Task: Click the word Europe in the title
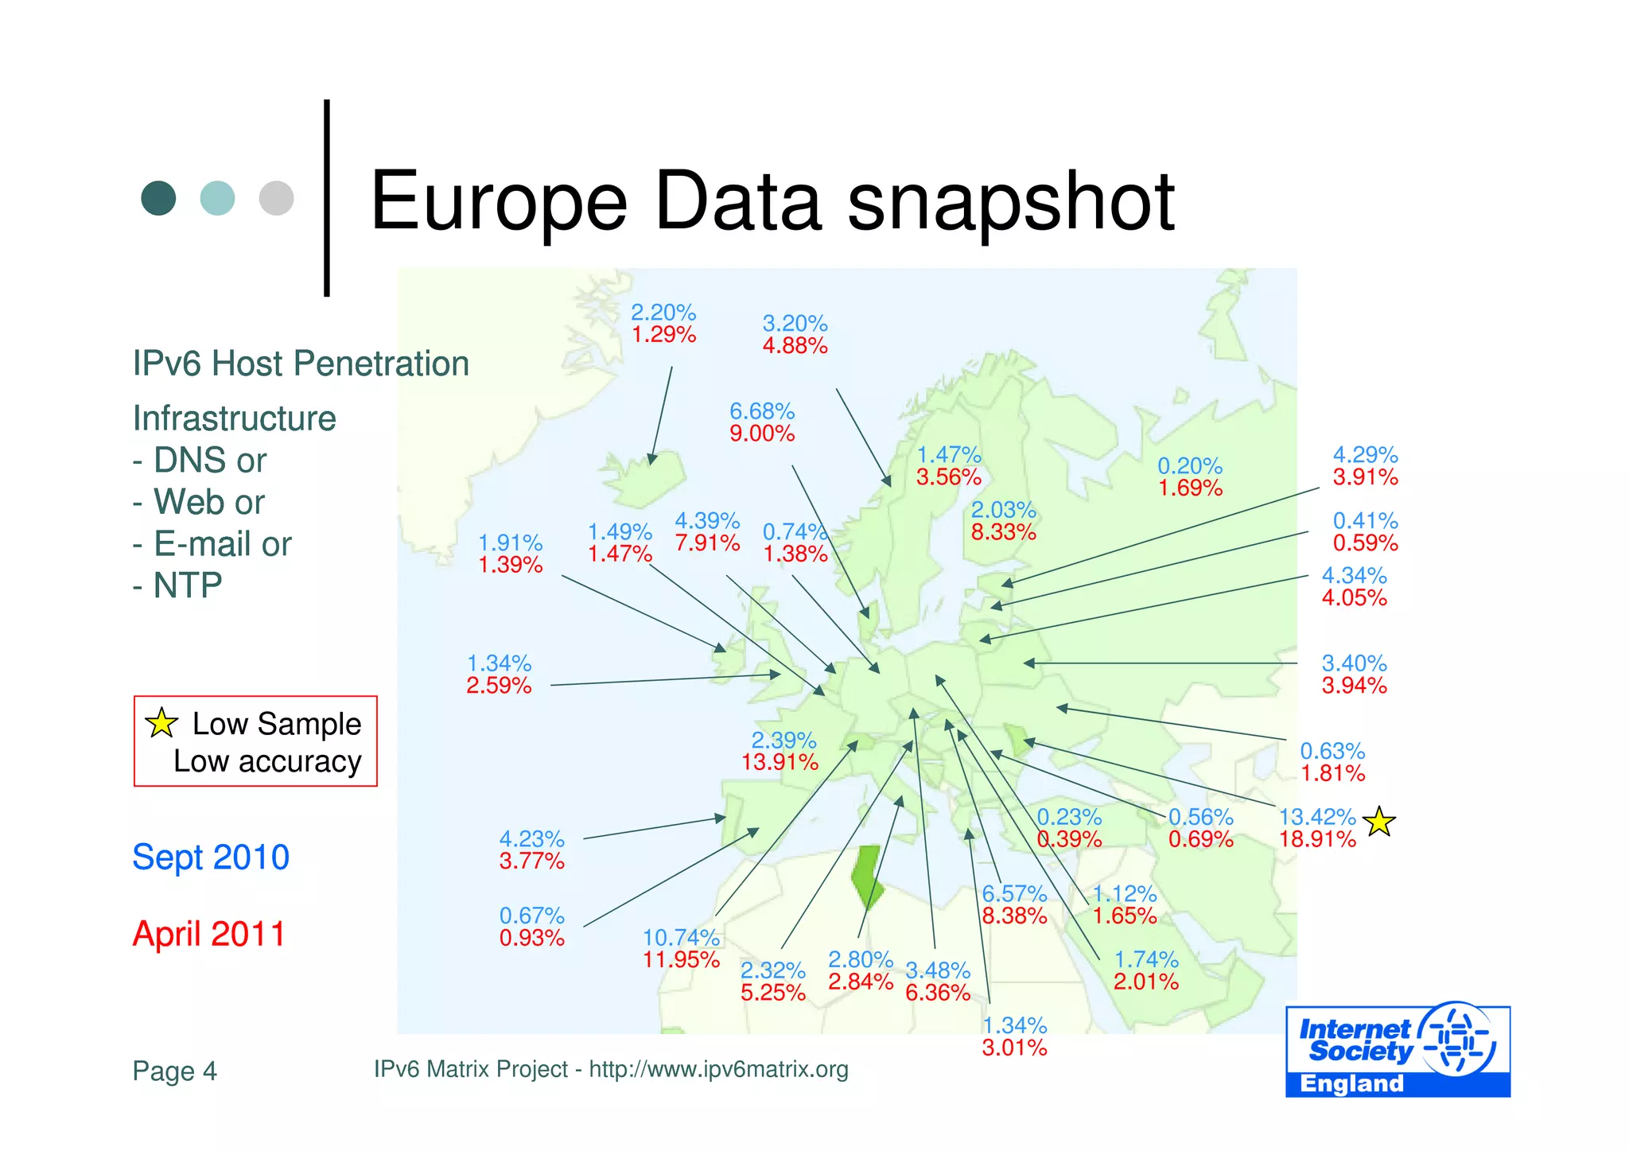click(x=499, y=203)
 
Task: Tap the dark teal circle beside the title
click(x=158, y=198)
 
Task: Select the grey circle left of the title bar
click(x=276, y=198)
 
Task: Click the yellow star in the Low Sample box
click(x=161, y=722)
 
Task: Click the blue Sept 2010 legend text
click(x=211, y=857)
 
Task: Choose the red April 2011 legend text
click(x=208, y=934)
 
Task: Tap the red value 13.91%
click(x=780, y=763)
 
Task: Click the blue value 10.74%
click(x=681, y=938)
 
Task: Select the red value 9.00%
click(x=762, y=434)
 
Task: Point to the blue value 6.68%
click(x=762, y=412)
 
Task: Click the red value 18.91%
click(x=1317, y=839)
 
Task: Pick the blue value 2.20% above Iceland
click(x=663, y=313)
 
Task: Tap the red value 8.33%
click(x=1003, y=532)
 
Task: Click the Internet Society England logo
click(x=1398, y=1050)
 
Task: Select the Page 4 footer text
click(x=174, y=1071)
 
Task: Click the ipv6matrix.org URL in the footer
click(x=718, y=1070)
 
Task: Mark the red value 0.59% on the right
click(x=1365, y=543)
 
